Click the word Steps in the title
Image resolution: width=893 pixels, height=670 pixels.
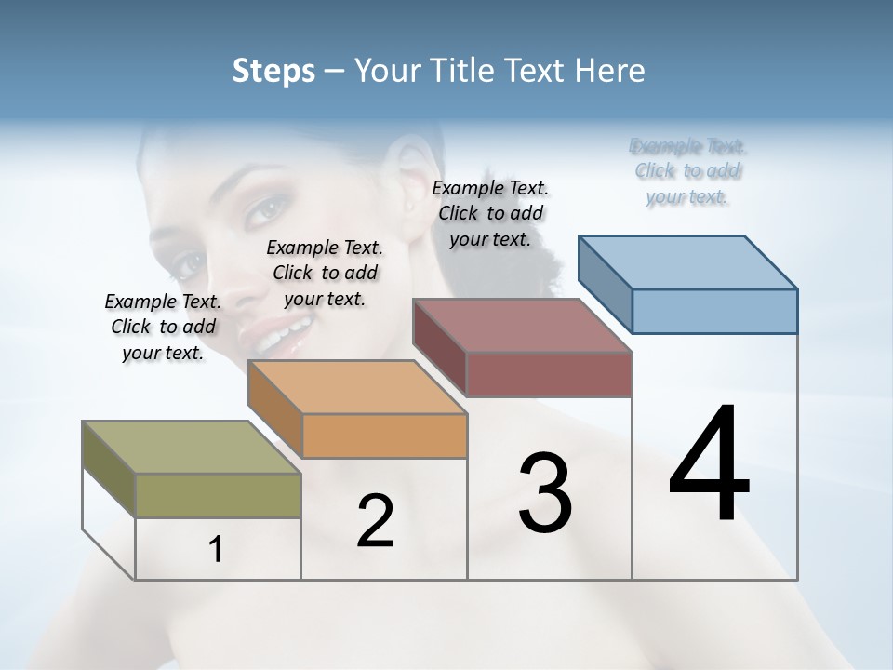tap(273, 71)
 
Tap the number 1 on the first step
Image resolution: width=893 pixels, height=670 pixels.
tap(216, 550)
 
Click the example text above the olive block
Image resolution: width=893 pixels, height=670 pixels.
tap(163, 327)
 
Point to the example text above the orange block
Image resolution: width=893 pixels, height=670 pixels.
tap(325, 273)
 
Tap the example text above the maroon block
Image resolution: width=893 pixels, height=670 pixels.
tap(490, 213)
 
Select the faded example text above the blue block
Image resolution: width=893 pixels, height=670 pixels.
tap(688, 171)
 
